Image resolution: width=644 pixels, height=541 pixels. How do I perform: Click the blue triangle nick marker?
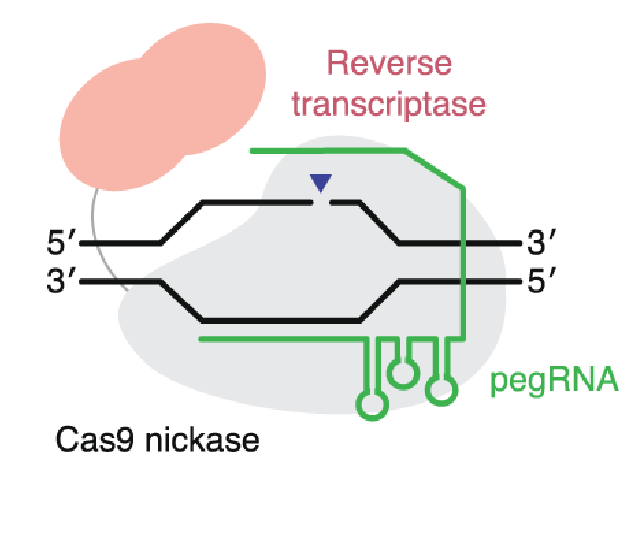click(320, 182)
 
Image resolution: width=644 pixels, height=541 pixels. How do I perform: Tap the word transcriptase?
click(389, 105)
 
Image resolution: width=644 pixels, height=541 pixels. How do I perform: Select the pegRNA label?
click(554, 380)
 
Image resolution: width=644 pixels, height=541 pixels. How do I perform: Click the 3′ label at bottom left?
click(58, 281)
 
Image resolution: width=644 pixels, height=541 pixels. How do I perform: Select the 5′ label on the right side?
click(543, 281)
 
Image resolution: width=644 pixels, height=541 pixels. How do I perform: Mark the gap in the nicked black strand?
click(322, 202)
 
